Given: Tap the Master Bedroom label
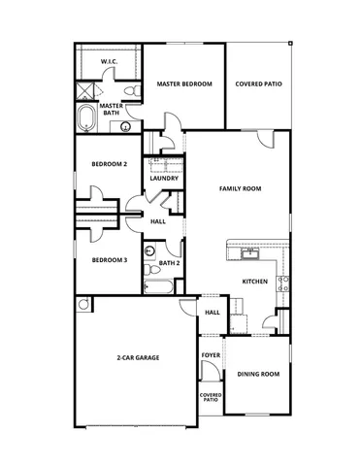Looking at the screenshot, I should click(x=184, y=84).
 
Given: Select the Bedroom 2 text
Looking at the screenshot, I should click(x=109, y=164).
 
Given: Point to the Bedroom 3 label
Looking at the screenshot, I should click(x=109, y=260).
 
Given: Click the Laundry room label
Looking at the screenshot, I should click(x=162, y=179).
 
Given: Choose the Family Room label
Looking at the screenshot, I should click(x=240, y=188).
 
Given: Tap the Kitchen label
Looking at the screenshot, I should click(x=254, y=282).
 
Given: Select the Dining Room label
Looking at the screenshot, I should click(x=258, y=374).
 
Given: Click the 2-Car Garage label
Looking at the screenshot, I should click(x=139, y=358).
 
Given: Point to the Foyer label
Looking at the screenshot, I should click(x=210, y=355).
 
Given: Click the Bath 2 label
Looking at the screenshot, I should click(x=169, y=263).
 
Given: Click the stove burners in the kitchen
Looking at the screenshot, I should click(x=284, y=283).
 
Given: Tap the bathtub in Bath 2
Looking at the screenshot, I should click(x=158, y=286).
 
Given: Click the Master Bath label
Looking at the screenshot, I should click(x=110, y=109).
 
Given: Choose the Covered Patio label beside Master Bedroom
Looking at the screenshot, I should click(x=258, y=84).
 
